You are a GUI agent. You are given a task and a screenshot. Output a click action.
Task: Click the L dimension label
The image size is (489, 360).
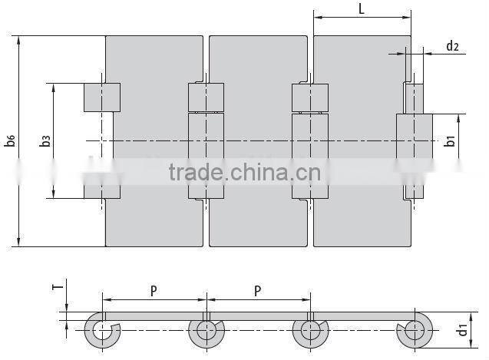click(362, 8)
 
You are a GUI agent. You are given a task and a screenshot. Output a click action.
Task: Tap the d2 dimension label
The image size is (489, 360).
click(452, 47)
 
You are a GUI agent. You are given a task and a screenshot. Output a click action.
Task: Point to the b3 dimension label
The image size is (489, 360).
click(45, 140)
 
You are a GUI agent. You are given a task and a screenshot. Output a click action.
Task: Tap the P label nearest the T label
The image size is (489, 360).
click(154, 290)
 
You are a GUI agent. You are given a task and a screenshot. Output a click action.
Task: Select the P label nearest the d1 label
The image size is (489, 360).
click(257, 290)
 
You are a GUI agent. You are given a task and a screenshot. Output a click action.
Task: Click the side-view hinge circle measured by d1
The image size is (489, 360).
click(414, 331)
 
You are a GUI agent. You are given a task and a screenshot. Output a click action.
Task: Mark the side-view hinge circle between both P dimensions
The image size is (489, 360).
click(205, 331)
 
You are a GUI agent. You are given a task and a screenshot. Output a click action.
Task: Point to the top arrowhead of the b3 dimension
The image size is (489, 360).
click(54, 87)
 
